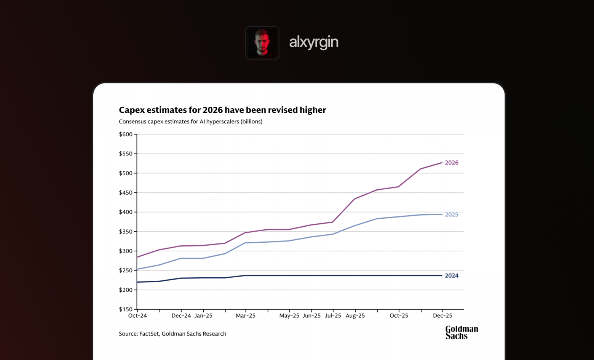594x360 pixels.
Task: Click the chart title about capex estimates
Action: click(x=222, y=110)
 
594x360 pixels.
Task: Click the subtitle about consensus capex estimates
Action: click(x=190, y=122)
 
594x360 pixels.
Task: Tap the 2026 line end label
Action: click(x=452, y=163)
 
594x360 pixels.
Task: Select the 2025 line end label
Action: click(x=452, y=214)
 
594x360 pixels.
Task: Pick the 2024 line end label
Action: click(x=452, y=276)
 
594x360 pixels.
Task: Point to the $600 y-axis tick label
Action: click(x=126, y=134)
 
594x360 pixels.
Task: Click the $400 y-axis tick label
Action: click(x=126, y=212)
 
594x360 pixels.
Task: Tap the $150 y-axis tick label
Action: click(x=126, y=309)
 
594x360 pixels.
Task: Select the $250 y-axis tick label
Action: click(x=126, y=270)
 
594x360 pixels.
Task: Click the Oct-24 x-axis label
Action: click(x=137, y=316)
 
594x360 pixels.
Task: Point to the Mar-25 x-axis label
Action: click(x=246, y=316)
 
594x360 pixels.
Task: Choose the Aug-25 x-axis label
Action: click(x=355, y=316)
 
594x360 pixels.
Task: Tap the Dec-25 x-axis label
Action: click(x=442, y=316)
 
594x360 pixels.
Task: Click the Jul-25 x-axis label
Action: click(x=333, y=316)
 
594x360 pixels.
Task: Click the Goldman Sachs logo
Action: click(x=461, y=332)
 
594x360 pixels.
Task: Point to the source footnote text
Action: click(x=172, y=334)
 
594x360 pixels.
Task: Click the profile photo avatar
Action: click(x=262, y=43)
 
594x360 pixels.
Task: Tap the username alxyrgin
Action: click(x=314, y=42)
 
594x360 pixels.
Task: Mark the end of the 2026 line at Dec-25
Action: click(x=442, y=163)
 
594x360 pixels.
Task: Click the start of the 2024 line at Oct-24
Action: click(x=137, y=282)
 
